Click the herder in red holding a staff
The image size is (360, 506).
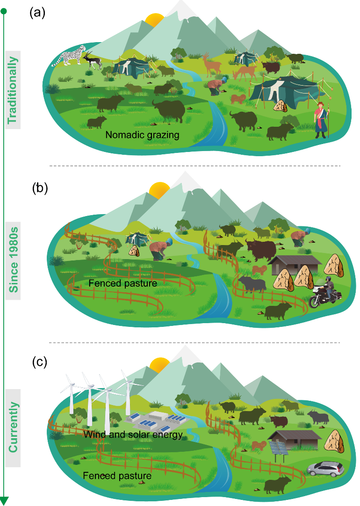322,120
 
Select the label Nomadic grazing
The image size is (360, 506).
143,135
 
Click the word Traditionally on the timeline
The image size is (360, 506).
13,90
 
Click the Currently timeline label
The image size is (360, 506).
13,427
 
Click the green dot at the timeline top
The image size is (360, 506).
4,10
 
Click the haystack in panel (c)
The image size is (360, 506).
335,441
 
